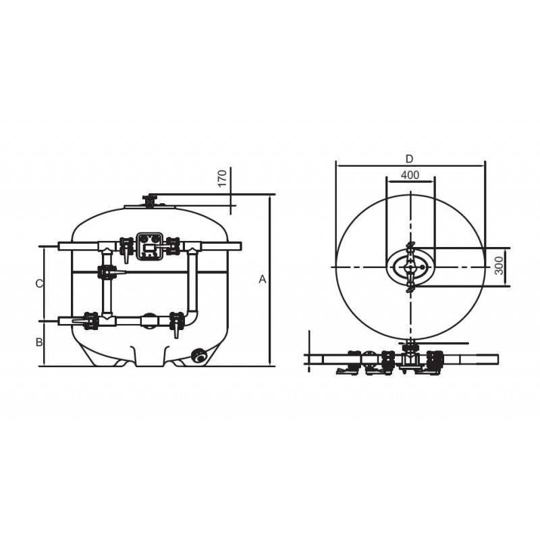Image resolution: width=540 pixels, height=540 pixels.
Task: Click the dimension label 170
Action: click(x=223, y=178)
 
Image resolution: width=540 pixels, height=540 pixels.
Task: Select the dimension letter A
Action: click(x=263, y=279)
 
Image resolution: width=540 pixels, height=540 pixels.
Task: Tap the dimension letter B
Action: click(x=39, y=342)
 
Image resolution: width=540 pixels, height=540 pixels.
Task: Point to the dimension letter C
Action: click(x=39, y=283)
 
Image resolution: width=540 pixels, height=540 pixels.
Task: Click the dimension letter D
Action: click(x=409, y=159)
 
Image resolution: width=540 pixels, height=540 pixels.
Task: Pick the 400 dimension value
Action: click(x=410, y=175)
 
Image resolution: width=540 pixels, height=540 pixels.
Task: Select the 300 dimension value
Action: click(x=499, y=265)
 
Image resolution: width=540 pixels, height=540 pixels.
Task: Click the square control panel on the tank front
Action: click(x=149, y=246)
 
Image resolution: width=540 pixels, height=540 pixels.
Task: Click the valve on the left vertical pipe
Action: click(x=107, y=272)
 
